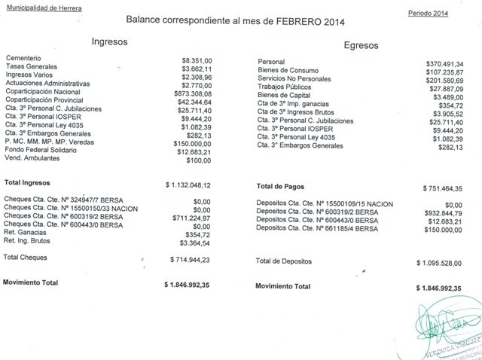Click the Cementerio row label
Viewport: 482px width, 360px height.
[x=23, y=58]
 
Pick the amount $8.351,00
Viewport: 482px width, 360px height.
[x=200, y=58]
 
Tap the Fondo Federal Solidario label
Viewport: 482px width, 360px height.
[x=42, y=148]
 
